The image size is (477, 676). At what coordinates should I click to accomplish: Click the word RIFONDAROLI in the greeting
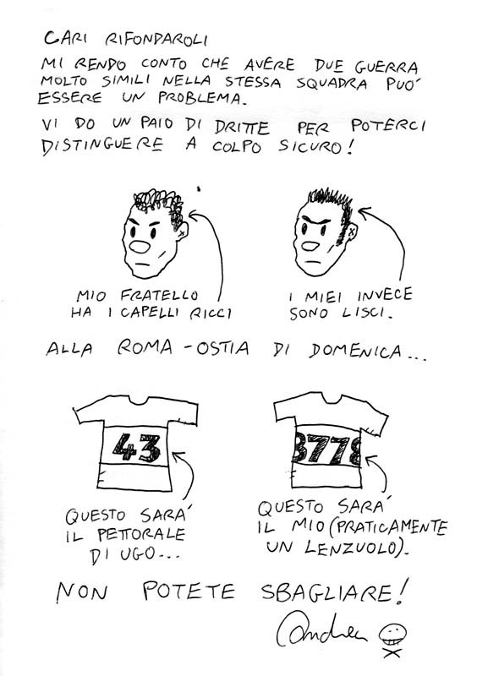156,40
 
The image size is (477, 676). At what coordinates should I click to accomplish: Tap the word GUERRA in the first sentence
387,67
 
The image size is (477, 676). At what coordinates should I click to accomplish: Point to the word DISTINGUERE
102,145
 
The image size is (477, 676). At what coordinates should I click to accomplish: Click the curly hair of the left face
158,204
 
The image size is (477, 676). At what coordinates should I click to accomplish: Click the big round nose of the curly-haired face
140,247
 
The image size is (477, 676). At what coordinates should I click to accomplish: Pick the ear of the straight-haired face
352,232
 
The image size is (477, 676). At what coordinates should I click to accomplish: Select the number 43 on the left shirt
136,448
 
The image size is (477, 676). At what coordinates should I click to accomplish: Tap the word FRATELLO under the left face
159,295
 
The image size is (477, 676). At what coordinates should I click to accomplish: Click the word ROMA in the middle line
144,347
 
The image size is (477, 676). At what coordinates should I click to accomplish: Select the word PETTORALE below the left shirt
141,535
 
